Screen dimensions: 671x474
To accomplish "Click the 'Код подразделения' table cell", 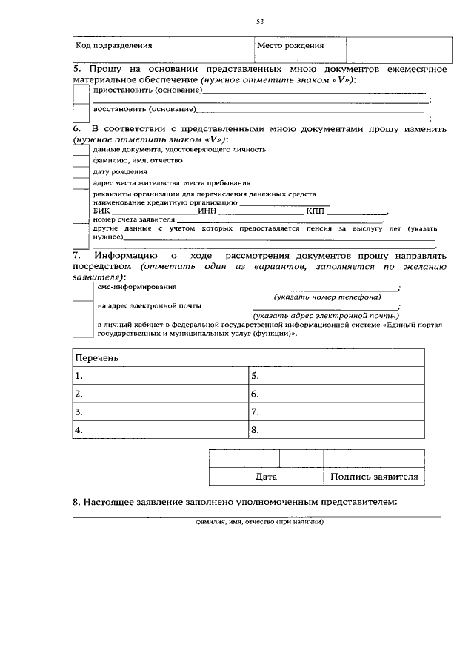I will [121, 47].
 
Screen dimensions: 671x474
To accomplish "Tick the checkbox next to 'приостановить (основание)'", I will [81, 93].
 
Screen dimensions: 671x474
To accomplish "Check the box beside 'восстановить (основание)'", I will [81, 111].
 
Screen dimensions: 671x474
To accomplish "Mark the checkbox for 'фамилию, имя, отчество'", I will [81, 159].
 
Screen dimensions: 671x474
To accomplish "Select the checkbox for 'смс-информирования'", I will [81, 290].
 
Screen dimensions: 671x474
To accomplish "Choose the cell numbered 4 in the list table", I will [160, 429].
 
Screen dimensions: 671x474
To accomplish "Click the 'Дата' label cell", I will [266, 477].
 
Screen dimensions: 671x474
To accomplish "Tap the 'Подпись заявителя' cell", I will [374, 477].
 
